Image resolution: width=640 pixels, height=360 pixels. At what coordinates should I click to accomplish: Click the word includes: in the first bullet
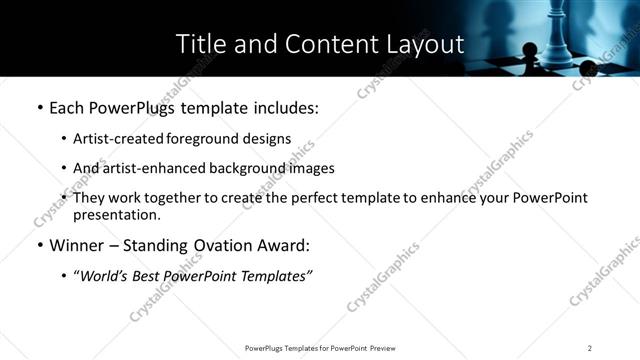(286, 108)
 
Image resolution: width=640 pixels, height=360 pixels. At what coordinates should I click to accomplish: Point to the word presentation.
(116, 215)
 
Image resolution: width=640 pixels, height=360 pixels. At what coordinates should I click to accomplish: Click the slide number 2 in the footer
(589, 347)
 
